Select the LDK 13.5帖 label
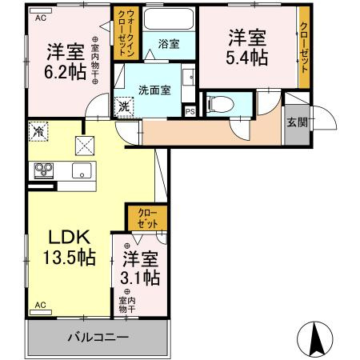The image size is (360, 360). (x=69, y=249)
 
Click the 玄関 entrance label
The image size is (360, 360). (x=295, y=122)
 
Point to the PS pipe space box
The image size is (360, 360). (x=190, y=110)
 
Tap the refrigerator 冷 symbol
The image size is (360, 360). (x=38, y=130)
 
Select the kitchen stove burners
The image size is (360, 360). (x=42, y=169)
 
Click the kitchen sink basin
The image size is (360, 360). (x=81, y=170)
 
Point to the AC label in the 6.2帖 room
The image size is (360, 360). (x=40, y=17)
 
